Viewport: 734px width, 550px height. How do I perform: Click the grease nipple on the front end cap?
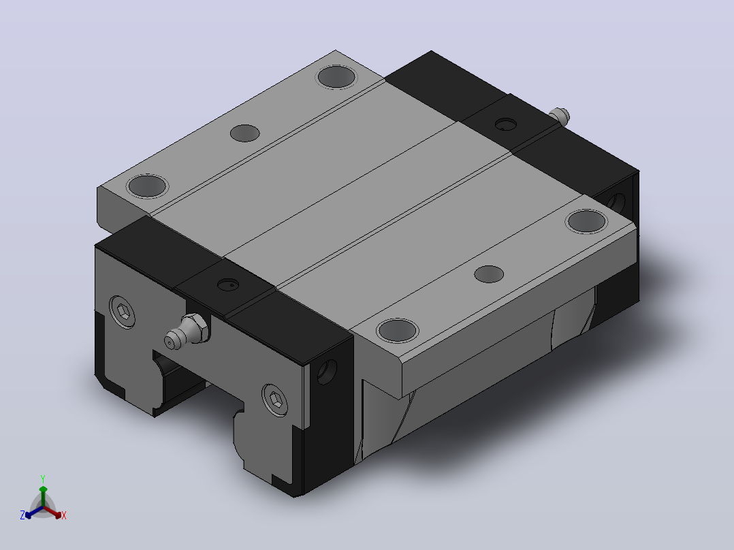187,331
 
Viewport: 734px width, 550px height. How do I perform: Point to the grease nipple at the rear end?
560,116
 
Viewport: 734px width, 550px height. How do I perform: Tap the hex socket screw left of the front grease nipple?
123,311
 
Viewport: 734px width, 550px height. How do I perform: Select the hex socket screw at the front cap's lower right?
276,400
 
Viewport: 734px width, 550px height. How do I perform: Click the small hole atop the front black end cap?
229,285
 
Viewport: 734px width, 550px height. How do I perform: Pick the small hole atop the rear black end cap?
505,125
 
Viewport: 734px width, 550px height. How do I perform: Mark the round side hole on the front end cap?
328,372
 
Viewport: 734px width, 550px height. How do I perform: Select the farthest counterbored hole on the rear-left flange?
336,77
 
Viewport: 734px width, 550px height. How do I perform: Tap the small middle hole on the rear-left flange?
245,133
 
